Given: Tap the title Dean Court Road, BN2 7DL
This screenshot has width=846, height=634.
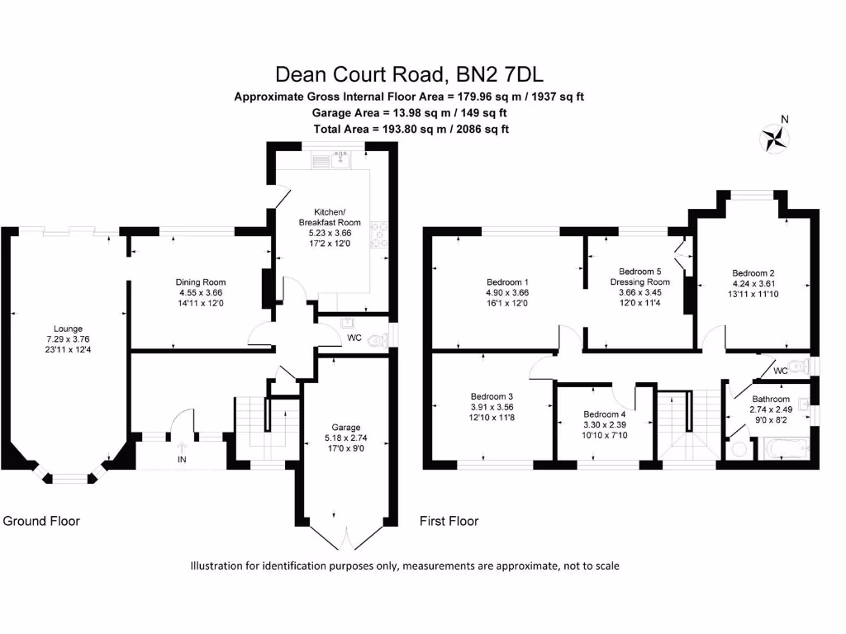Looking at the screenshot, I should (409, 74).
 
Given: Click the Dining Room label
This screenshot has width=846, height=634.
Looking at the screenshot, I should (201, 282).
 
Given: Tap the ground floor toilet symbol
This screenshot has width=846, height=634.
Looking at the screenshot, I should (378, 339).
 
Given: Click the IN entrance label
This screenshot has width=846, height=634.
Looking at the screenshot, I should (181, 458).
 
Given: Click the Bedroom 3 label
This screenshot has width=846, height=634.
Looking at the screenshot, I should (492, 395).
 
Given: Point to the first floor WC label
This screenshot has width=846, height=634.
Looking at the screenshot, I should (780, 371).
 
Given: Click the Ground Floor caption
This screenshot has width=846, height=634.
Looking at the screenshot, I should (41, 521).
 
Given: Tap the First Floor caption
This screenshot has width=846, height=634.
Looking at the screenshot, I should (449, 521).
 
